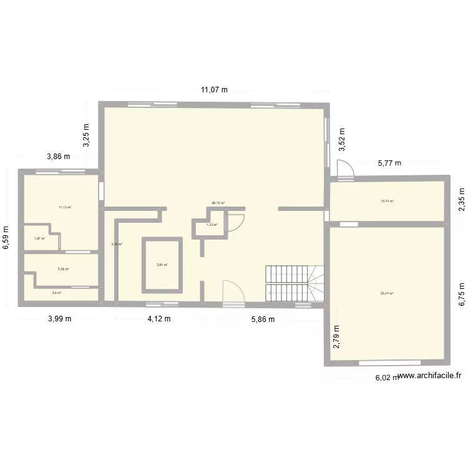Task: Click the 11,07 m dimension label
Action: coord(214,90)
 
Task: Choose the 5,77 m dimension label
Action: coord(389,163)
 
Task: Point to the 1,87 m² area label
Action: coord(39,238)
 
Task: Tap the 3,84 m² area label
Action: coord(162,265)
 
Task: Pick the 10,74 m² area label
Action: coord(388,201)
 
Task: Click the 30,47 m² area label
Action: coord(387,293)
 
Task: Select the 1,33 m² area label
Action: coord(212,225)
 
